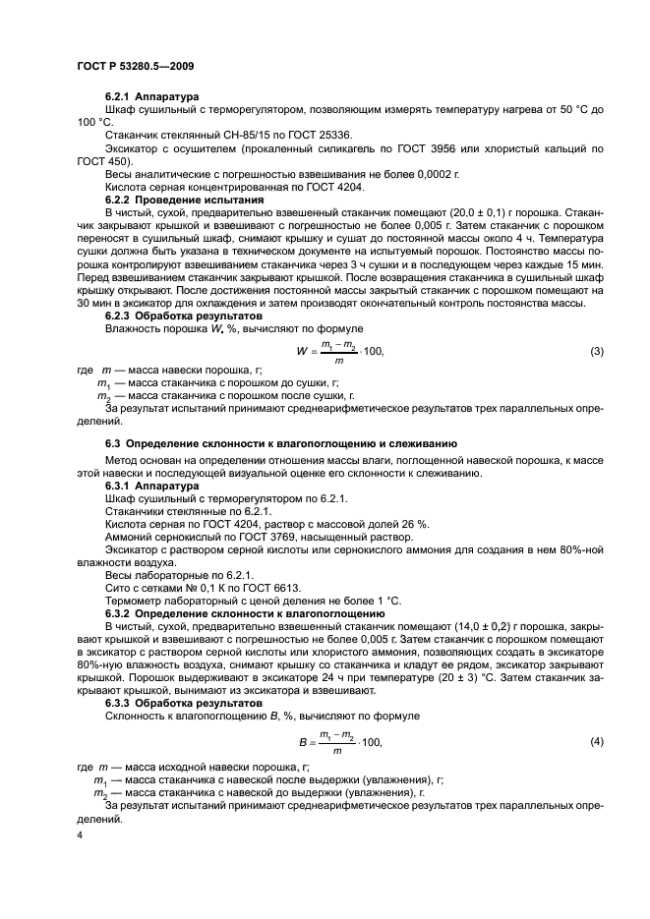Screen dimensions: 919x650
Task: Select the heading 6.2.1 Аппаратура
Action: pos(152,96)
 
